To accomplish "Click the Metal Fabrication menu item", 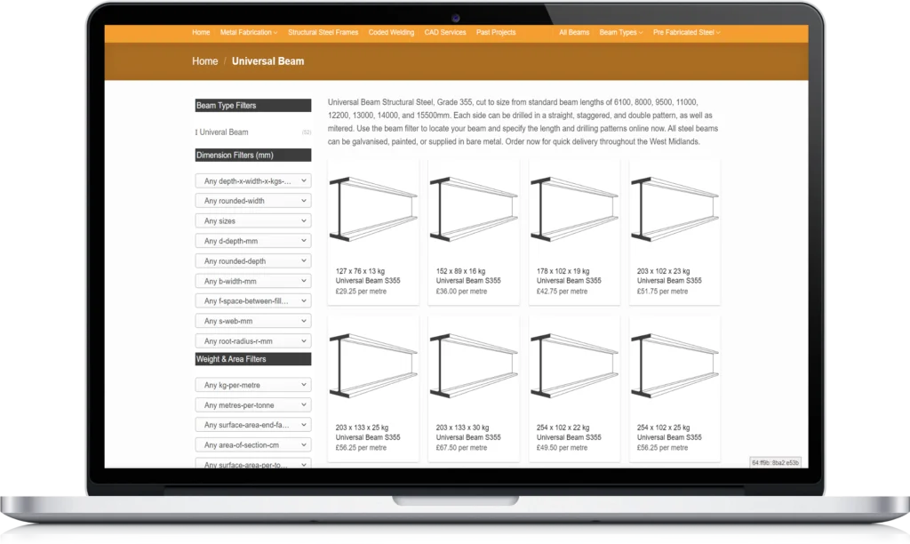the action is tap(249, 33).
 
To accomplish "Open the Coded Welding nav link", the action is tap(391, 33).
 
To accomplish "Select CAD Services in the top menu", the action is tap(445, 33).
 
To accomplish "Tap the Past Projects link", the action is tap(496, 33).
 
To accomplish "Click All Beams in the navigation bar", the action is tap(574, 33).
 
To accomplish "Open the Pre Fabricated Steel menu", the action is tap(687, 33).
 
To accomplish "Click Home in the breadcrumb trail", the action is tap(205, 61).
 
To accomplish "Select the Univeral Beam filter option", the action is tap(223, 132).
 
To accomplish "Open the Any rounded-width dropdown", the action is tap(253, 201).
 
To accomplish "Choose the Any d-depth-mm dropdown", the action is tap(253, 241).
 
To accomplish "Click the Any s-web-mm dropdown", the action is tap(253, 321).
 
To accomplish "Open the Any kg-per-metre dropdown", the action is tap(253, 385).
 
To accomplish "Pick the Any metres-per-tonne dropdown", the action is tap(253, 405).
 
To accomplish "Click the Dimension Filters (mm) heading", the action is tap(253, 155).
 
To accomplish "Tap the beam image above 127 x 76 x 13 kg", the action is tap(373, 209).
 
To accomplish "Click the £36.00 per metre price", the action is tap(461, 292).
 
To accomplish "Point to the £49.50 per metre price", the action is tap(562, 448).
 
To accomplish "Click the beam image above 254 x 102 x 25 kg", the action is tap(675, 365).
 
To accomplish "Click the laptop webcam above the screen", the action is tap(456, 18).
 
